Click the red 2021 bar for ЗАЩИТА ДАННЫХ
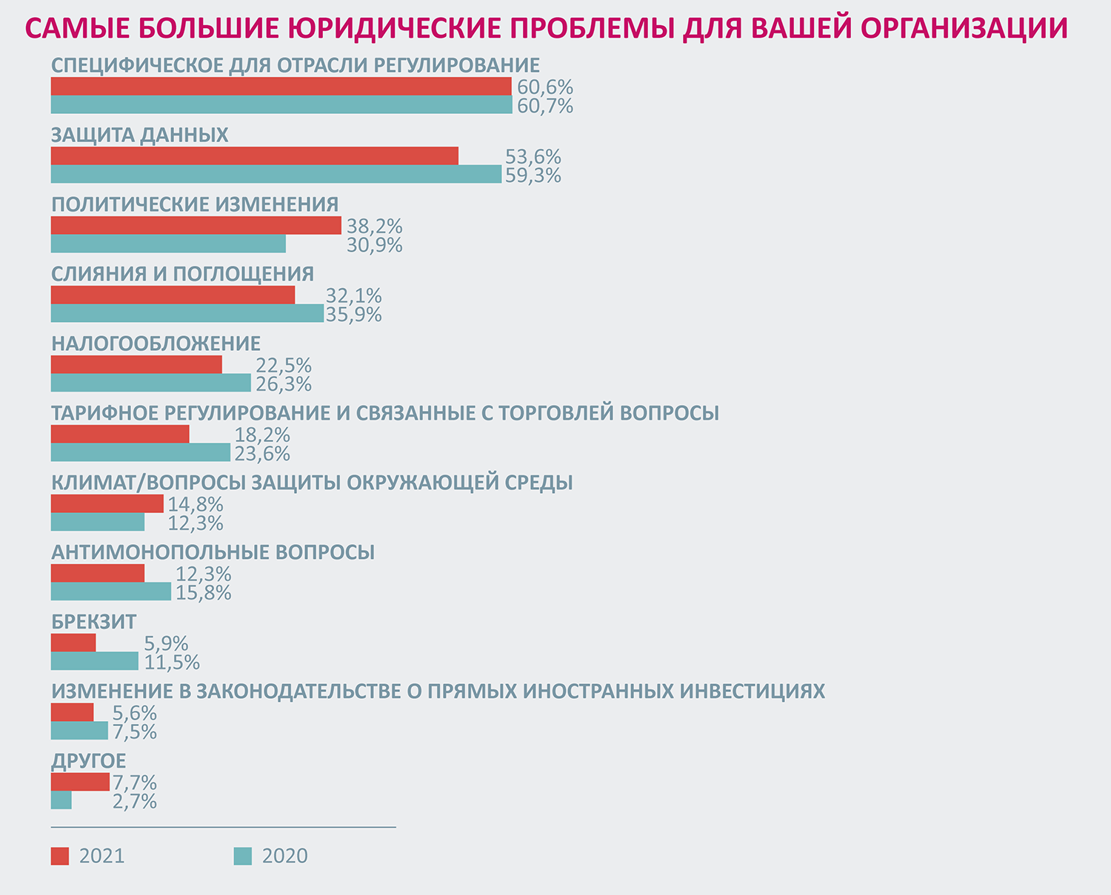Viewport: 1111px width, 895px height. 254,156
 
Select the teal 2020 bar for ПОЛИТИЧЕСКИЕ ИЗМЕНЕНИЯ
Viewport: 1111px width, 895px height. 168,244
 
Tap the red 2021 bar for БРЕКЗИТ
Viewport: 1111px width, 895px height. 73,643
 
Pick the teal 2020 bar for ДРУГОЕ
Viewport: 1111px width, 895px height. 61,801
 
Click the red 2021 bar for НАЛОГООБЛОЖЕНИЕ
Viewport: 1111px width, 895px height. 136,365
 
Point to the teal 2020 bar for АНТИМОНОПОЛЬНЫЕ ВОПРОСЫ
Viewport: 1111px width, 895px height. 111,592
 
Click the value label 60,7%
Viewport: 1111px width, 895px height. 545,106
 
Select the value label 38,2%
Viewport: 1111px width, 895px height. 374,226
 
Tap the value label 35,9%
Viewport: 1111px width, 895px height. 354,315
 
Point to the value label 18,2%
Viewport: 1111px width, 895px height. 262,435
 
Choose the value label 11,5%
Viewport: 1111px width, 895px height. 172,662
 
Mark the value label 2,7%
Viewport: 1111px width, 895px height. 135,801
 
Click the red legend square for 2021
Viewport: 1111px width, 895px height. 60,856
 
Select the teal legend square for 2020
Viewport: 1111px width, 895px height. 243,856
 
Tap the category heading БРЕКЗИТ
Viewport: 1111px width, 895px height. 94,622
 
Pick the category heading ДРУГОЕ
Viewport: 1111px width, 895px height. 89,761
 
